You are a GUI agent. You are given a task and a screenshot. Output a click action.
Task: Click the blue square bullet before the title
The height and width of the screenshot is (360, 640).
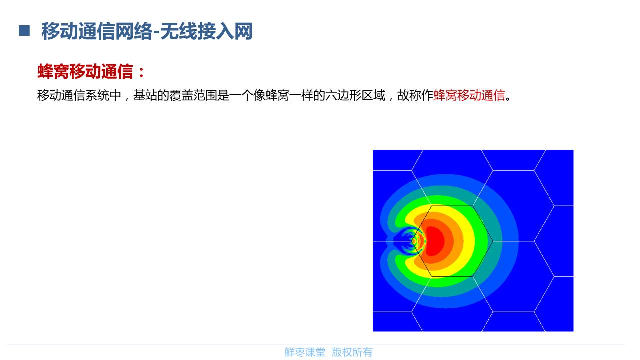click(x=24, y=31)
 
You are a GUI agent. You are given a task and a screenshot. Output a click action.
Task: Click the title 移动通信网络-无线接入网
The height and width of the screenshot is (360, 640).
click(x=147, y=31)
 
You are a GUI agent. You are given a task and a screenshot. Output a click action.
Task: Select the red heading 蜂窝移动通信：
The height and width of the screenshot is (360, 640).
click(x=91, y=72)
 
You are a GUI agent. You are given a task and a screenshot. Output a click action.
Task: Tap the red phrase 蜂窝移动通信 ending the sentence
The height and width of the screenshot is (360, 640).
click(x=469, y=95)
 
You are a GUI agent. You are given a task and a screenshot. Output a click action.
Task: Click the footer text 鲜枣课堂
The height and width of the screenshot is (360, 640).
click(x=305, y=352)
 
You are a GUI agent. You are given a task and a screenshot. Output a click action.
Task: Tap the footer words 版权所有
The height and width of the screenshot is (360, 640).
click(x=352, y=352)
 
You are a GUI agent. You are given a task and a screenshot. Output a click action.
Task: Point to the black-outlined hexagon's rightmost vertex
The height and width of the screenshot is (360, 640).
click(x=493, y=241)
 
